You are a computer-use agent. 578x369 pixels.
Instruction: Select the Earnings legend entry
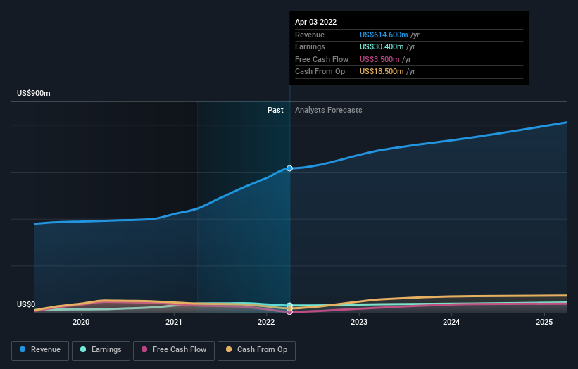pyautogui.click(x=101, y=349)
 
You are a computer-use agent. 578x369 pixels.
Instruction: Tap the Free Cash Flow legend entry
pyautogui.click(x=174, y=349)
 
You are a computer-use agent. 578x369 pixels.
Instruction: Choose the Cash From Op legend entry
pyautogui.click(x=256, y=349)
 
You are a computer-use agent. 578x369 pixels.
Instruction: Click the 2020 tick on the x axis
pyautogui.click(x=81, y=323)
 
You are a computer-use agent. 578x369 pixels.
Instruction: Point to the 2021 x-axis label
pyautogui.click(x=174, y=323)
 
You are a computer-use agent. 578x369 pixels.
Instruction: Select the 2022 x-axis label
pyautogui.click(x=266, y=323)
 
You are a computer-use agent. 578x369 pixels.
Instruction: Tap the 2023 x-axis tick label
pyautogui.click(x=359, y=323)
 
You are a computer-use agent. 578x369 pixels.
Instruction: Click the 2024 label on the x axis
pyautogui.click(x=451, y=323)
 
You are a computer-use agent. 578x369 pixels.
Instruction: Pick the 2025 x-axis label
pyautogui.click(x=544, y=323)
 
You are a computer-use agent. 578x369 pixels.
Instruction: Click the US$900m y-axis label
pyautogui.click(x=34, y=94)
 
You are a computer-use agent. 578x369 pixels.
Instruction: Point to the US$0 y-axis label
pyautogui.click(x=26, y=305)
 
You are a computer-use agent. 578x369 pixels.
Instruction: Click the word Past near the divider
pyautogui.click(x=275, y=110)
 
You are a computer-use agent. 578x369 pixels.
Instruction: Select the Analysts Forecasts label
pyautogui.click(x=329, y=110)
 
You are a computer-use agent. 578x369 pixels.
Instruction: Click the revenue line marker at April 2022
pyautogui.click(x=289, y=168)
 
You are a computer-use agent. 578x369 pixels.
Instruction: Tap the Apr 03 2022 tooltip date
pyautogui.click(x=315, y=22)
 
